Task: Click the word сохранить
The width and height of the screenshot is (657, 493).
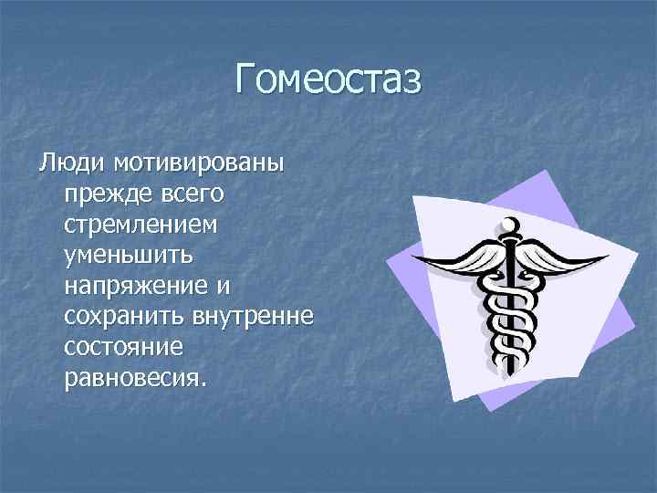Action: [124, 316]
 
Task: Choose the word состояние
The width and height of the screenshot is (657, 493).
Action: [124, 346]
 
